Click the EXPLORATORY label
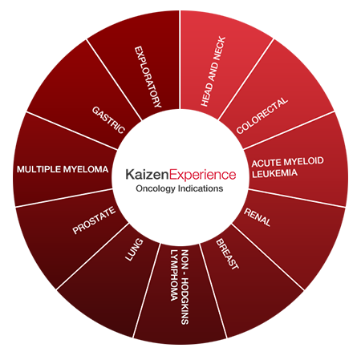tap(148, 77)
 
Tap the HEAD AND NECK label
tap(213, 71)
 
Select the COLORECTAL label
tap(262, 115)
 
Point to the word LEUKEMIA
tap(274, 174)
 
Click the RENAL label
tap(258, 217)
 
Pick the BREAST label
tap(227, 254)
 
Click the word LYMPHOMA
tap(174, 275)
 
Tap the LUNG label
tap(134, 249)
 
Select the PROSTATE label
tap(94, 220)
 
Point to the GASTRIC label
tap(108, 120)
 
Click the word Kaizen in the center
tap(147, 174)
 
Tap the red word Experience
tap(203, 176)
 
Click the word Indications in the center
tap(201, 188)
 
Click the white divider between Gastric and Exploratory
tap(114, 80)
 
